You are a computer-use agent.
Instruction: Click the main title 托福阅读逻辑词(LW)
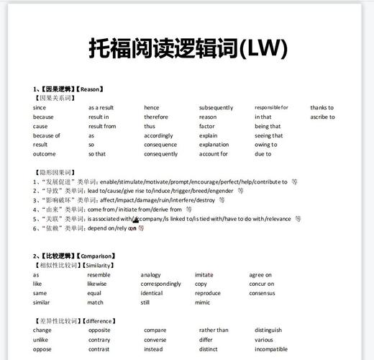(188, 49)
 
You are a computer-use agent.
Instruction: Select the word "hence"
(152, 107)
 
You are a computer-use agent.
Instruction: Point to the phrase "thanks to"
(322, 107)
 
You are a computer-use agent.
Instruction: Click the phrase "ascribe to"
(323, 117)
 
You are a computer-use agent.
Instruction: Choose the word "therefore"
(156, 117)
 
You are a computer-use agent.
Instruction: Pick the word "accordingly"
(158, 135)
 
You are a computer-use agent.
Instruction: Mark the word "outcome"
(44, 154)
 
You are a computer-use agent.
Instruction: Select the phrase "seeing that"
(269, 135)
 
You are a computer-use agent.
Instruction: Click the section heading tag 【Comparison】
(96, 256)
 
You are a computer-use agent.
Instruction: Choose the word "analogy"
(151, 274)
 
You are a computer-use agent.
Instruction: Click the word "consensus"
(263, 293)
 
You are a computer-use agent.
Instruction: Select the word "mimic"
(204, 302)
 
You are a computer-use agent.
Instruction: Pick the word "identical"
(152, 293)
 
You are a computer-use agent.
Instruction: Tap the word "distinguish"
(268, 330)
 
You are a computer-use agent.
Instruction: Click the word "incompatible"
(271, 349)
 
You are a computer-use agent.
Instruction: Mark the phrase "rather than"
(214, 330)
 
